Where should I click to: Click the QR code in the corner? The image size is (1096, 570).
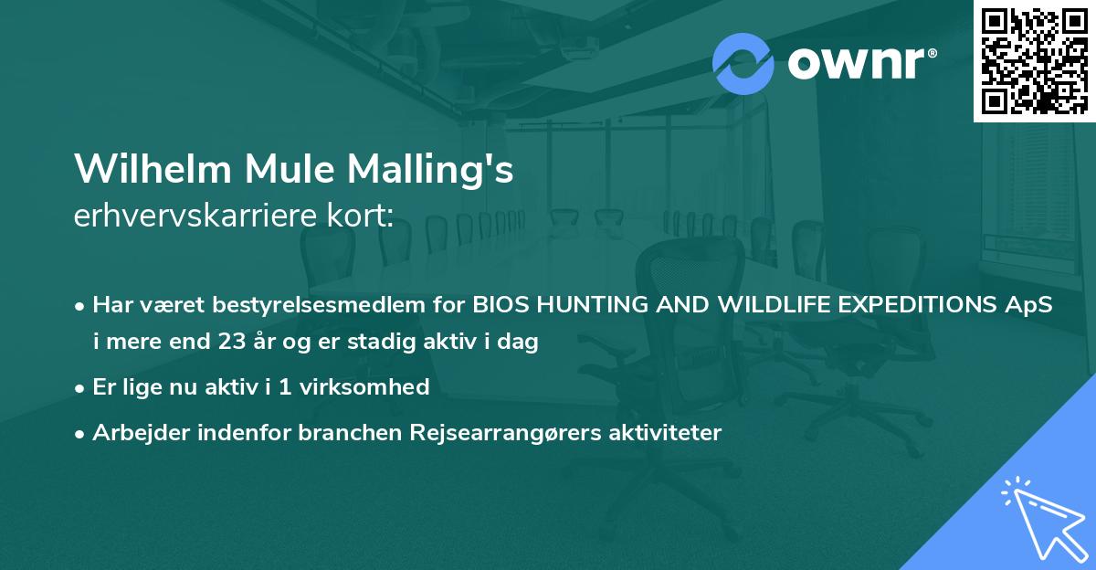pos(1034,60)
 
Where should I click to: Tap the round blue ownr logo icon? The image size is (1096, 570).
pos(743,63)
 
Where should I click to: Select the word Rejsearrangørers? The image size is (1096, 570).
pos(496,432)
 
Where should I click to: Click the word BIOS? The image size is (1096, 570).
pos(499,306)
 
